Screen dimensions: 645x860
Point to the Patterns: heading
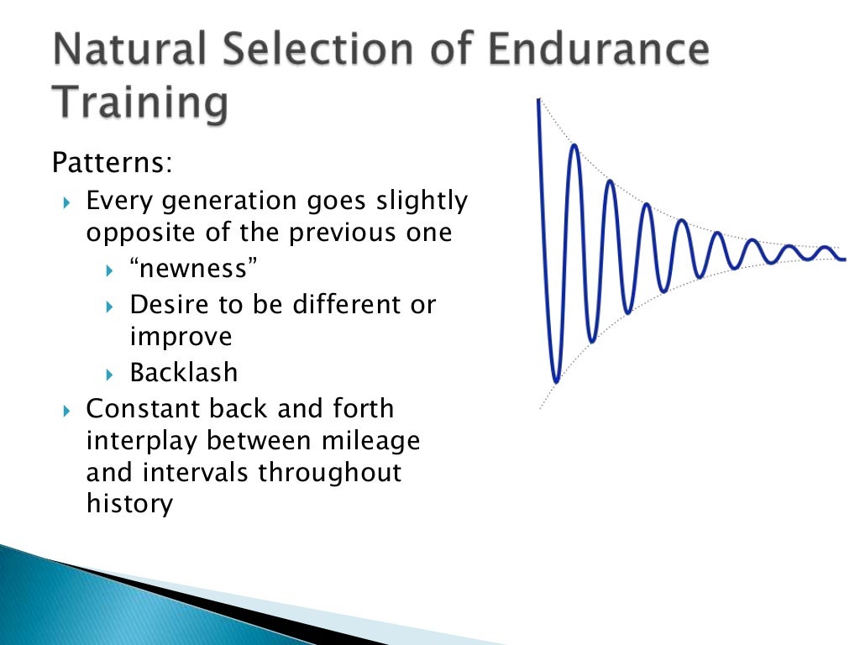click(x=112, y=161)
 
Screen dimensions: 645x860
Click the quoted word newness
click(x=193, y=270)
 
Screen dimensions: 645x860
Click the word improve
click(x=181, y=336)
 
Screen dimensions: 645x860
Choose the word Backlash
click(x=184, y=371)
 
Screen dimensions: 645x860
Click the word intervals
click(x=198, y=472)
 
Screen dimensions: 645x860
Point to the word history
click(x=129, y=504)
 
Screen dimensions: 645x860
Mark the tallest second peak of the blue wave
click(x=574, y=146)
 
